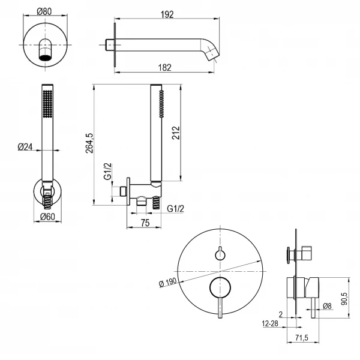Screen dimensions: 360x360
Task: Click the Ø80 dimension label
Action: click(x=44, y=10)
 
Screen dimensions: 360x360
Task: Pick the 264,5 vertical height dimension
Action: click(x=89, y=144)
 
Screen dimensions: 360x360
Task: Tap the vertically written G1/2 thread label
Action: click(x=107, y=171)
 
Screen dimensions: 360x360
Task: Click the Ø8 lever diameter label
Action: click(x=328, y=307)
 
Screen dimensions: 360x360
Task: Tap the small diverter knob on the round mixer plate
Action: click(x=221, y=254)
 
